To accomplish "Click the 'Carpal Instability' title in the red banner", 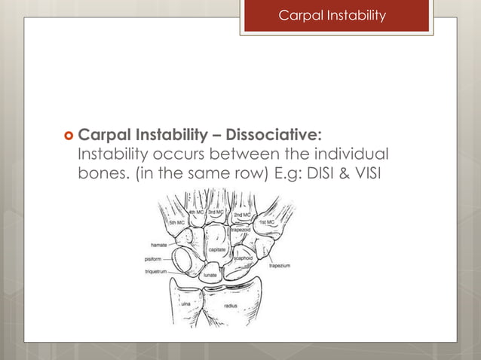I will (x=332, y=15).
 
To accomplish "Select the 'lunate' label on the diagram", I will (x=210, y=276).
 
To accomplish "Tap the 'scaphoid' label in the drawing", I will (x=244, y=257).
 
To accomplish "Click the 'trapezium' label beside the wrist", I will (x=280, y=266).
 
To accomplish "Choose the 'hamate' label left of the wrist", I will (x=159, y=245).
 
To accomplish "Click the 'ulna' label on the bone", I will (x=185, y=303).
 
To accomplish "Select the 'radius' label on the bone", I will (x=231, y=306).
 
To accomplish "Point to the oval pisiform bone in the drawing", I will (x=182, y=261).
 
